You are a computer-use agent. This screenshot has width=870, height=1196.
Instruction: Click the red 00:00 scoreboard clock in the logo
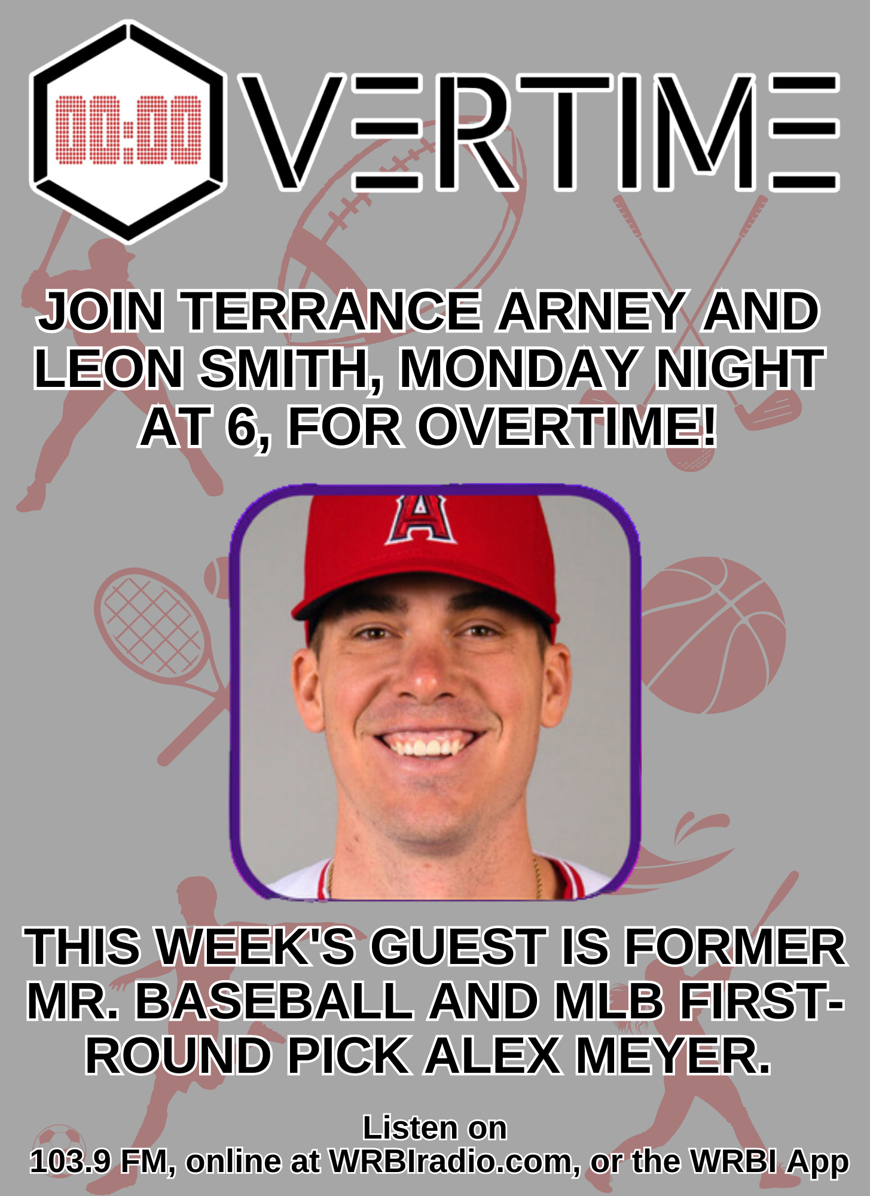(129, 129)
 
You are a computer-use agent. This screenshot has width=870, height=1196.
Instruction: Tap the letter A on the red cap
(420, 518)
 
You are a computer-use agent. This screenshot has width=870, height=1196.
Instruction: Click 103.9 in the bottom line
(70, 1162)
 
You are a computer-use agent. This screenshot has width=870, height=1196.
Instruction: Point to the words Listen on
(435, 1128)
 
